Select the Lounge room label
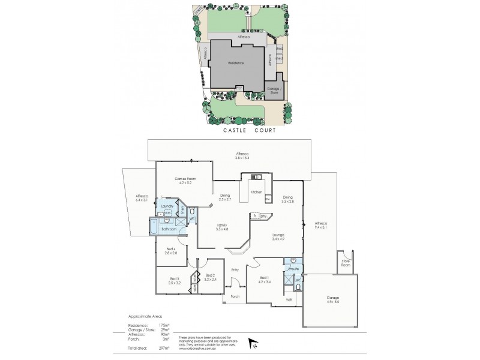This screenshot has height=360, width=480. point(278,234)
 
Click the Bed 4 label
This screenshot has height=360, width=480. point(171,248)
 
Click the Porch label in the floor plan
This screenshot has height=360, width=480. point(235,296)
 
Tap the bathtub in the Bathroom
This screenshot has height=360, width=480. point(154,229)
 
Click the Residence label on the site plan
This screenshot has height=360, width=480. point(236,62)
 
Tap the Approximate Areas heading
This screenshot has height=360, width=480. point(145,315)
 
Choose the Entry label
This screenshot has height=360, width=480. point(235,270)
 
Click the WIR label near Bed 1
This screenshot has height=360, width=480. point(289,298)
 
